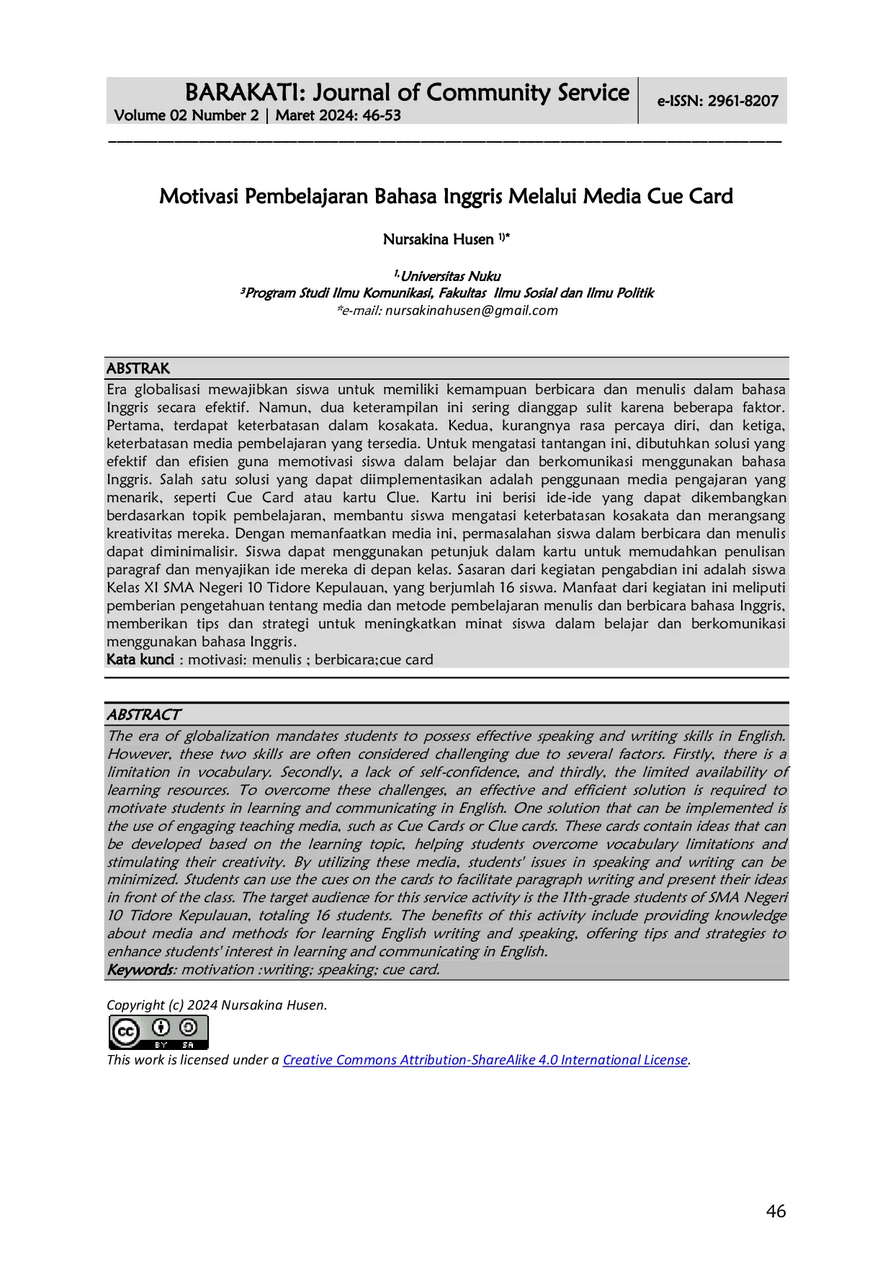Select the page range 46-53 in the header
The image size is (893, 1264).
coord(382,115)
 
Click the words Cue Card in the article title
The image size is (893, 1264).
coord(689,196)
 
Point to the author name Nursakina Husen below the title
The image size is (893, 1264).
coord(438,239)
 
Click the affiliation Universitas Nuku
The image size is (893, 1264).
coord(450,276)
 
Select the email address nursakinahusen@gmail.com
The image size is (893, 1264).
coord(471,311)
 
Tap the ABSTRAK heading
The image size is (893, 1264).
coord(138,368)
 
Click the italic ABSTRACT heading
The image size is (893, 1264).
coord(143,714)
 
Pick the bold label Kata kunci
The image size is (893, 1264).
coord(140,659)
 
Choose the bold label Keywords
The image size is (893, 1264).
coord(140,969)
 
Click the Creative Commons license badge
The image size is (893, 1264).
coord(158,1032)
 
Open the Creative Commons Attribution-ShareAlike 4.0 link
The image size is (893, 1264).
coord(485,1059)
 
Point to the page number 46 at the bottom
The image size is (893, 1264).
coord(776,1211)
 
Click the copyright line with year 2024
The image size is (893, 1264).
coord(217,1005)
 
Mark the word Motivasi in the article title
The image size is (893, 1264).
coord(198,196)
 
